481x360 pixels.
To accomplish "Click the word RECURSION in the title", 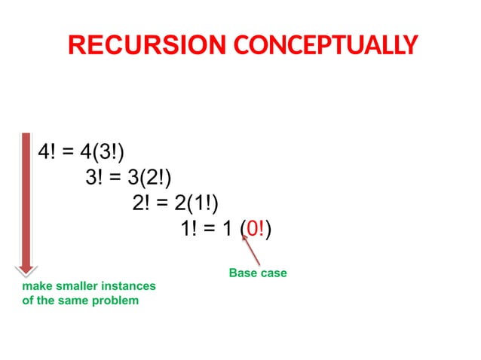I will pyautogui.click(x=142, y=45).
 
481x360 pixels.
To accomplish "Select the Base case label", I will pyautogui.click(x=258, y=273).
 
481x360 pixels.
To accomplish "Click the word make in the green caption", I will pyautogui.click(x=35, y=287).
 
